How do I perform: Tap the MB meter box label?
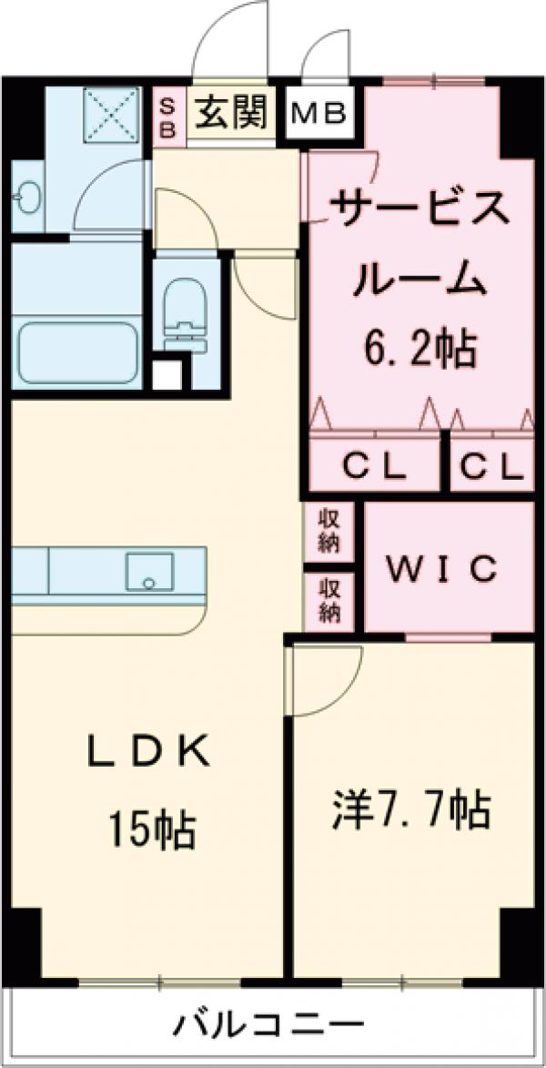[318, 115]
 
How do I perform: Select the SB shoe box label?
[168, 116]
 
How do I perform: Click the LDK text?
[150, 752]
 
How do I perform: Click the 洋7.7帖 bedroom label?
[409, 809]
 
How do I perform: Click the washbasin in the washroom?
[28, 197]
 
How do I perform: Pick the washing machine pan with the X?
[107, 114]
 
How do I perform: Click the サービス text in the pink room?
[420, 212]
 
